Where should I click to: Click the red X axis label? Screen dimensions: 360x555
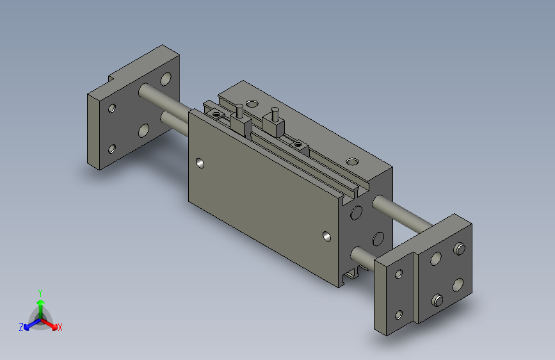(x=60, y=328)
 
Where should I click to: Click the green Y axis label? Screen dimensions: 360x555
(x=40, y=291)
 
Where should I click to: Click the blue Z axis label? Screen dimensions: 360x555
(x=21, y=327)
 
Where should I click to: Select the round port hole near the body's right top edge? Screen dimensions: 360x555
(x=351, y=161)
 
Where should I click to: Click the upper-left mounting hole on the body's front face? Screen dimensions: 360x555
(x=202, y=163)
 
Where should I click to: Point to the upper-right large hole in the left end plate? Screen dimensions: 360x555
(x=166, y=79)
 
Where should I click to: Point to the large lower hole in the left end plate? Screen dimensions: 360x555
(x=143, y=131)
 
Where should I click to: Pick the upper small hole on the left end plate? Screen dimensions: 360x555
(x=113, y=108)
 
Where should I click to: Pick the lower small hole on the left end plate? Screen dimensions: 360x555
(x=112, y=149)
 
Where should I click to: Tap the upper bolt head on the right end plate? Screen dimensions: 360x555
(x=459, y=248)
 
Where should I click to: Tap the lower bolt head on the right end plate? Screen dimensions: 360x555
(x=437, y=299)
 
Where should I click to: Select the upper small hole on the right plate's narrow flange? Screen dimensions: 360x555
(x=399, y=274)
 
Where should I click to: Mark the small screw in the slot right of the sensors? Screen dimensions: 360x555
(x=297, y=145)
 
